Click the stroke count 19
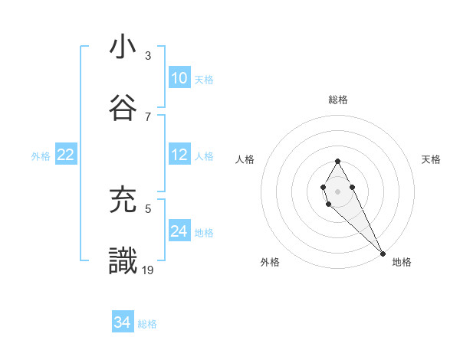pyautogui.click(x=149, y=269)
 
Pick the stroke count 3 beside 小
pyautogui.click(x=148, y=56)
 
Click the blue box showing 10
pyautogui.click(x=179, y=78)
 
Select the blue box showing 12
pyautogui.click(x=179, y=155)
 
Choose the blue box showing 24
pyautogui.click(x=179, y=231)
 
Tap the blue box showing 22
pyautogui.click(x=66, y=155)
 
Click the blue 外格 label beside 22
pyautogui.click(x=41, y=156)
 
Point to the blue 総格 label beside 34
pyautogui.click(x=147, y=324)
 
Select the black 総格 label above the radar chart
pyautogui.click(x=337, y=100)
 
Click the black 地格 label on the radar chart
pyautogui.click(x=402, y=262)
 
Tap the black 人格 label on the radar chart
pyautogui.click(x=245, y=159)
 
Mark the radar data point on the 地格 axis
pyautogui.click(x=383, y=253)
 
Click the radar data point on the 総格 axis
pyautogui.click(x=337, y=161)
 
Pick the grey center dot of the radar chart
pyautogui.click(x=337, y=190)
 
